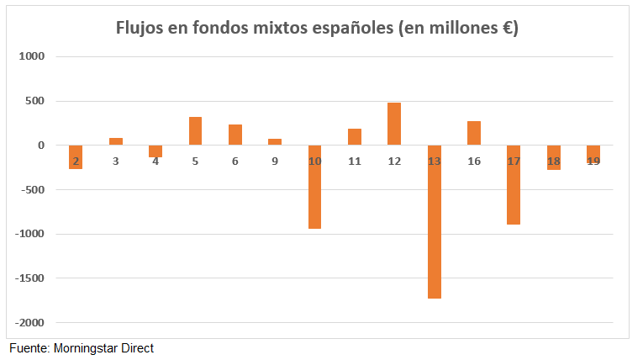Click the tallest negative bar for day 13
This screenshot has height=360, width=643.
[x=435, y=222]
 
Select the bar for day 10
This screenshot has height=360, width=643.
[x=315, y=187]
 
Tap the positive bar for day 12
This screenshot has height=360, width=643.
[x=394, y=124]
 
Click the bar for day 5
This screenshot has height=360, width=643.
[x=195, y=131]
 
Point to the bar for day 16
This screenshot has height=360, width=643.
[x=474, y=134]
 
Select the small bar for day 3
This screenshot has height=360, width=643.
[x=116, y=141]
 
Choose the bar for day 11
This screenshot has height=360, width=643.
[x=355, y=137]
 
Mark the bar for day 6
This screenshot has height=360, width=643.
[x=235, y=135]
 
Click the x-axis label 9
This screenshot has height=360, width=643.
[x=275, y=161]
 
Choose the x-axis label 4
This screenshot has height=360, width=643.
[x=155, y=161]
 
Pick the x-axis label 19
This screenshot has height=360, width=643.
[x=593, y=161]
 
